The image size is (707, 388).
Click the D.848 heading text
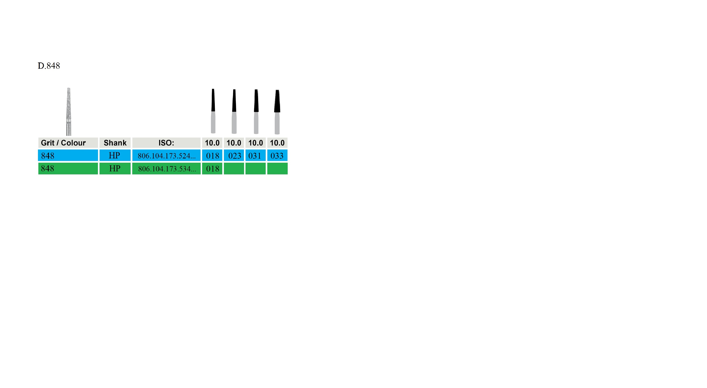[x=49, y=66]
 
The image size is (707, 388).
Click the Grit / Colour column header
[x=63, y=143]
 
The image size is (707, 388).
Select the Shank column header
[x=115, y=143]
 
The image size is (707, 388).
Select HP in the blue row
[x=114, y=156]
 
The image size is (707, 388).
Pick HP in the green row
[x=115, y=169]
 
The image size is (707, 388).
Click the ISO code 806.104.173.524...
[x=167, y=156]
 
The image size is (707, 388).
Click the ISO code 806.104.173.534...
[x=167, y=169]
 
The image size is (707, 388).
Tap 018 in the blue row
[x=212, y=156]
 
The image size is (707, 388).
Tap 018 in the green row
[x=212, y=169]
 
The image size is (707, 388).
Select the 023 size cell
[x=234, y=156]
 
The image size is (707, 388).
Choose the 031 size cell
[x=255, y=156]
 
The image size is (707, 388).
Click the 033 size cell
[x=277, y=156]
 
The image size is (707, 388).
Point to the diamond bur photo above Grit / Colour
[x=69, y=111]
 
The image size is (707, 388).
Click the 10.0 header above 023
[x=234, y=143]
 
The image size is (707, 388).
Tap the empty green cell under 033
[x=277, y=169]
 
